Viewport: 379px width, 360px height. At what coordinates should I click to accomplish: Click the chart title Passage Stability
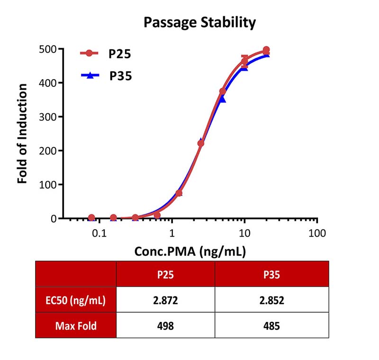(x=199, y=23)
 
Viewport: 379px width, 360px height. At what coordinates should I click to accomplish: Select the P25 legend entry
(x=106, y=54)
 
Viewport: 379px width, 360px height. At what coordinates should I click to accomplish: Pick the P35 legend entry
(x=107, y=76)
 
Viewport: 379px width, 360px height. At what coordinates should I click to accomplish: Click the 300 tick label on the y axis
(x=48, y=117)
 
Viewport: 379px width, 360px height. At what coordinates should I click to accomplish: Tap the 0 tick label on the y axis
(x=54, y=219)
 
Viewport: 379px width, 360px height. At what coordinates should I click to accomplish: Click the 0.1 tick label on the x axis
(x=99, y=233)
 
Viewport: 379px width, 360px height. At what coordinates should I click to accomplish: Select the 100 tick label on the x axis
(x=317, y=233)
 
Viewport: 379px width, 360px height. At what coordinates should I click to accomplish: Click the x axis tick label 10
(x=244, y=233)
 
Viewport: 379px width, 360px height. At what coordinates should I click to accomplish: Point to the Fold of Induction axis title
(x=22, y=134)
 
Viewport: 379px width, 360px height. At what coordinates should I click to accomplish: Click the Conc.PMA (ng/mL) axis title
(x=190, y=251)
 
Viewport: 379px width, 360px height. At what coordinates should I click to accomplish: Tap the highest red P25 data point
(x=266, y=50)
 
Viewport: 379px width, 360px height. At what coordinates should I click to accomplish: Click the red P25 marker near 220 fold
(x=200, y=143)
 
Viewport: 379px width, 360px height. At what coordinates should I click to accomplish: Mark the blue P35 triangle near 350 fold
(x=222, y=99)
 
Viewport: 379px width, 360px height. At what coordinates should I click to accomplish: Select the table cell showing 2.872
(x=165, y=300)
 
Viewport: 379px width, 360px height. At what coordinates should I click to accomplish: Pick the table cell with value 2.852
(x=271, y=300)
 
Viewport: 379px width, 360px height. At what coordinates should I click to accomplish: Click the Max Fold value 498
(x=165, y=326)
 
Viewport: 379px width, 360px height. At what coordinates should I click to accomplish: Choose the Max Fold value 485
(x=271, y=326)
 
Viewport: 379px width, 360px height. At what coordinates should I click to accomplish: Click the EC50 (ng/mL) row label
(x=76, y=300)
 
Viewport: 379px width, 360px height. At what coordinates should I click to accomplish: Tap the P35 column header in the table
(x=271, y=275)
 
